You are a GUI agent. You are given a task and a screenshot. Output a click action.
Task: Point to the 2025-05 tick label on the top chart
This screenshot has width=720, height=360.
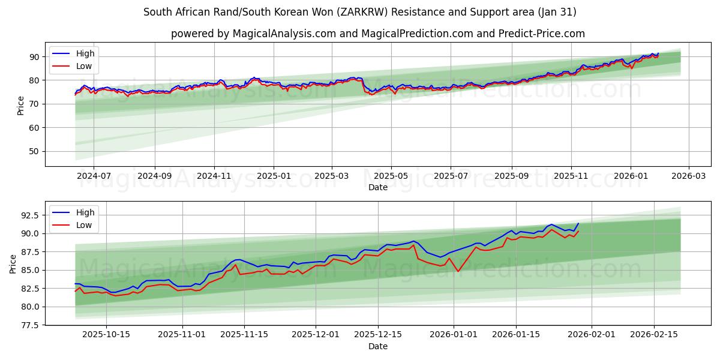pyautogui.click(x=391, y=176)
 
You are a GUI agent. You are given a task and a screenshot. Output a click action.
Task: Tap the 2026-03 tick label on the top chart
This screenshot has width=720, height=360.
pyautogui.click(x=688, y=176)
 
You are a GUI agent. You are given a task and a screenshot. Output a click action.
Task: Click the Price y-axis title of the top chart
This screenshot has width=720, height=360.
pyautogui.click(x=21, y=105)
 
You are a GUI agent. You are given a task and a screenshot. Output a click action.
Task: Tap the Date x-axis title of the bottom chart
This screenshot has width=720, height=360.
pyautogui.click(x=378, y=346)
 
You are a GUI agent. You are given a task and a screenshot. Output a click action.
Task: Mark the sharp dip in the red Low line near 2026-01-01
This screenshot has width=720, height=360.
pyautogui.click(x=458, y=271)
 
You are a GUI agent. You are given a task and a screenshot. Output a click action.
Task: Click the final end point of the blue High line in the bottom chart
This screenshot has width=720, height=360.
pyautogui.click(x=578, y=223)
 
